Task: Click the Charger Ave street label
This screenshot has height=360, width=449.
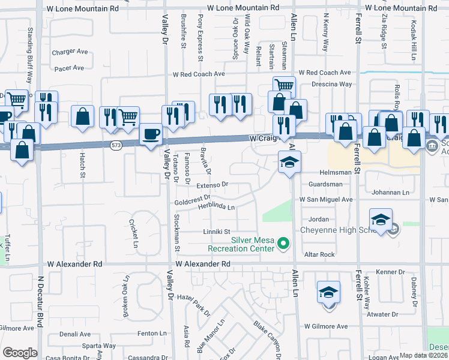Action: pyautogui.click(x=70, y=52)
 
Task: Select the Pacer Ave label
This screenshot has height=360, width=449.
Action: pyautogui.click(x=69, y=68)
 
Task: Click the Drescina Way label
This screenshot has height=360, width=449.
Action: pyautogui.click(x=333, y=84)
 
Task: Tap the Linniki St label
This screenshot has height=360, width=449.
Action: pyautogui.click(x=217, y=232)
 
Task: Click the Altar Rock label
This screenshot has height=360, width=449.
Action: pyautogui.click(x=319, y=254)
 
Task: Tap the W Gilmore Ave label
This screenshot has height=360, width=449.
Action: pyautogui.click(x=325, y=326)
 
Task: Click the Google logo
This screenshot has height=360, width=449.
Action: pyautogui.click(x=20, y=353)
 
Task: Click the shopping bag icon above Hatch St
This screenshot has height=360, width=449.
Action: pyautogui.click(x=83, y=116)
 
